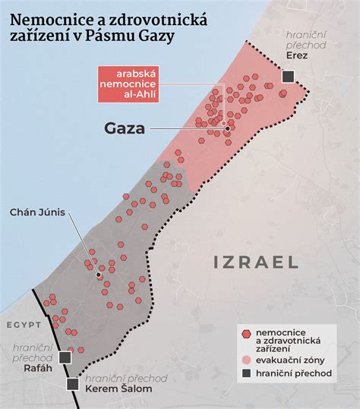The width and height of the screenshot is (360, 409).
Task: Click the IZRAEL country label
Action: point(257,263)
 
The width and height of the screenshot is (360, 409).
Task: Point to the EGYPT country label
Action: point(23,326)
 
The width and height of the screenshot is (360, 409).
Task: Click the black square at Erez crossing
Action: point(289,76)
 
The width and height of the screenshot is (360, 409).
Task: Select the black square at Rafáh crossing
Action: point(65,357)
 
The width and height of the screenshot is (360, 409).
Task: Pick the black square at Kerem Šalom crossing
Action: point(73,384)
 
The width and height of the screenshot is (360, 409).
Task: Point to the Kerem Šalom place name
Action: point(119,389)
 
